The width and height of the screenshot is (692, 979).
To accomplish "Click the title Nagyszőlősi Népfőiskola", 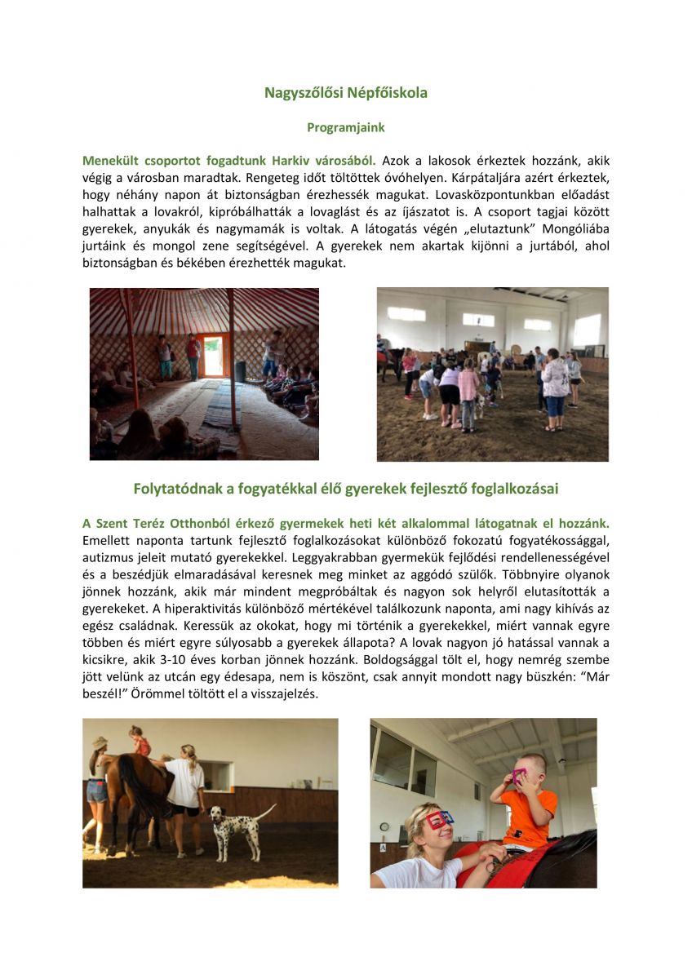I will [345, 93].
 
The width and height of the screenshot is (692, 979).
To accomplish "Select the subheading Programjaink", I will [345, 128].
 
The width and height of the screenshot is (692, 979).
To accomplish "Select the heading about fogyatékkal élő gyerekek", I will [345, 489].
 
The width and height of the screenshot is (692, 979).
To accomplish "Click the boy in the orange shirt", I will [526, 803].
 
